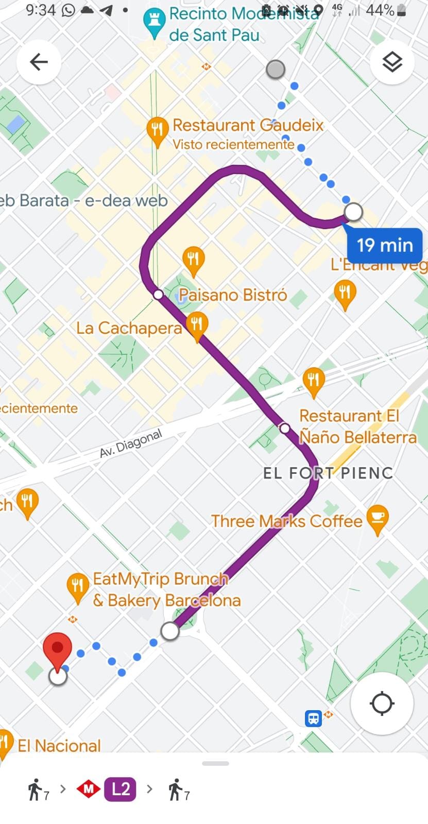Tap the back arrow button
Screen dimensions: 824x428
[x=39, y=62]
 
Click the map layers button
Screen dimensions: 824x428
[x=392, y=62]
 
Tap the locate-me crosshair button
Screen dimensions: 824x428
[x=382, y=703]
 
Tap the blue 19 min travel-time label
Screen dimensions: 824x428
[x=385, y=245]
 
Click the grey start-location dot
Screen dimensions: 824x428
[x=276, y=69]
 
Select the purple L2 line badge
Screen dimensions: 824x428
[x=121, y=789]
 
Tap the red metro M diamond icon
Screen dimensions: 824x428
[x=88, y=789]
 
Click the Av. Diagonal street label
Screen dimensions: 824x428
[x=131, y=443]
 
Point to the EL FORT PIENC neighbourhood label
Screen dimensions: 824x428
[x=328, y=473]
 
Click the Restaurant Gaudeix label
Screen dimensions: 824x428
[x=248, y=125]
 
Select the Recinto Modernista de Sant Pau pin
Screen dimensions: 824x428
[x=153, y=22]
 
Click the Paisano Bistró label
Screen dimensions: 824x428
[x=233, y=295]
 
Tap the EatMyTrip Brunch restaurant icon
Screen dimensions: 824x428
[x=78, y=587]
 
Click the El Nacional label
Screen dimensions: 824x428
[x=59, y=746]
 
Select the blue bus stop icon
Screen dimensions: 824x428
[x=313, y=718]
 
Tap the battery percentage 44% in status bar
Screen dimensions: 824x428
[x=380, y=10]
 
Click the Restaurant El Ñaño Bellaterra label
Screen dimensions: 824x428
[x=357, y=426]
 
